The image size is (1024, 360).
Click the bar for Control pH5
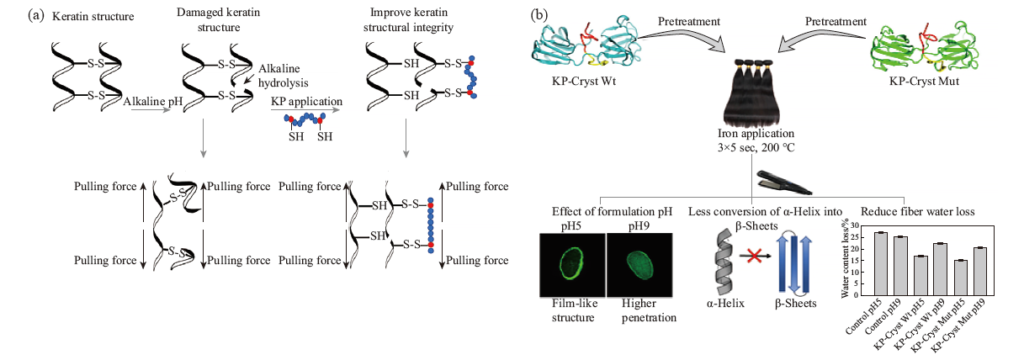tap(881, 264)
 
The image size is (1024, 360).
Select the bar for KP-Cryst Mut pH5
tap(960, 278)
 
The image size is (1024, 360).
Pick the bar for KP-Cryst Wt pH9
tap(941, 269)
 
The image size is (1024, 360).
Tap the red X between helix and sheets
tap(754, 256)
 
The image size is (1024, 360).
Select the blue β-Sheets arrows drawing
tap(793, 263)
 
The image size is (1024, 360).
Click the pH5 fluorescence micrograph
tap(572, 265)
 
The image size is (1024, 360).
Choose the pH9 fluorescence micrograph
tap(639, 265)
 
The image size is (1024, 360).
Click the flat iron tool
tap(783, 183)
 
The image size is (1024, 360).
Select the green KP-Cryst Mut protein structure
tap(925, 47)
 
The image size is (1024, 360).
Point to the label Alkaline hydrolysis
tap(284, 76)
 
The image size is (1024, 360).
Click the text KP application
tap(306, 101)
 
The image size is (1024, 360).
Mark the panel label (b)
tap(539, 15)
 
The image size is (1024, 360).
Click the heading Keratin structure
tap(93, 17)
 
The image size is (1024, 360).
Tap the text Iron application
tap(756, 134)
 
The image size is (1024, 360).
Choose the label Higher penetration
tap(649, 310)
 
